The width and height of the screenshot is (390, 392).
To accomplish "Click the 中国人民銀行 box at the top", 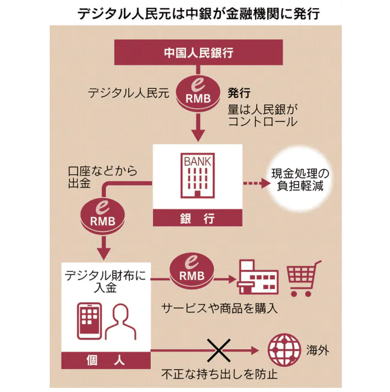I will click(198, 53).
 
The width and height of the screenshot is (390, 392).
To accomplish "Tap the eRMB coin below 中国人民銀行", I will click(198, 93).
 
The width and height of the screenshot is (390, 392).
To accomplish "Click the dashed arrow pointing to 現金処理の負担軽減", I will click(254, 184).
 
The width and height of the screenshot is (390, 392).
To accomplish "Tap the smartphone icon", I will click(89, 321).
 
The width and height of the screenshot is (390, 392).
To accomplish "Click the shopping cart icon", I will click(303, 277).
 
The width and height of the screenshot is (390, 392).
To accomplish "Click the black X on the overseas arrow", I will click(217, 350).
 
